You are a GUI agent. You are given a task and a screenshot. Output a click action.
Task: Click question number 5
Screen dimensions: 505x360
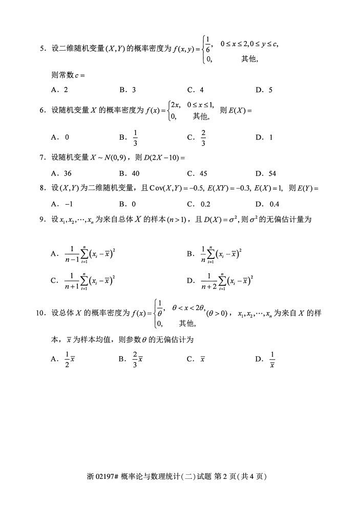click(42, 49)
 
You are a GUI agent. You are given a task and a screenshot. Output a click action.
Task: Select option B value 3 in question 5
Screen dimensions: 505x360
click(134, 90)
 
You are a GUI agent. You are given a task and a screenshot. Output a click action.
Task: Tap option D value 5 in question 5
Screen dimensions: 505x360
click(270, 90)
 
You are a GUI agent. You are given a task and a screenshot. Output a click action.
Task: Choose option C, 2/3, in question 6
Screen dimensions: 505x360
click(203, 137)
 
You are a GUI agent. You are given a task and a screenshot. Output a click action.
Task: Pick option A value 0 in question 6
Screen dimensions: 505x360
click(67, 137)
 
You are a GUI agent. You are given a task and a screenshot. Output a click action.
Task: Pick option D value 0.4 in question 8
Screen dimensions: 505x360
click(273, 204)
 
